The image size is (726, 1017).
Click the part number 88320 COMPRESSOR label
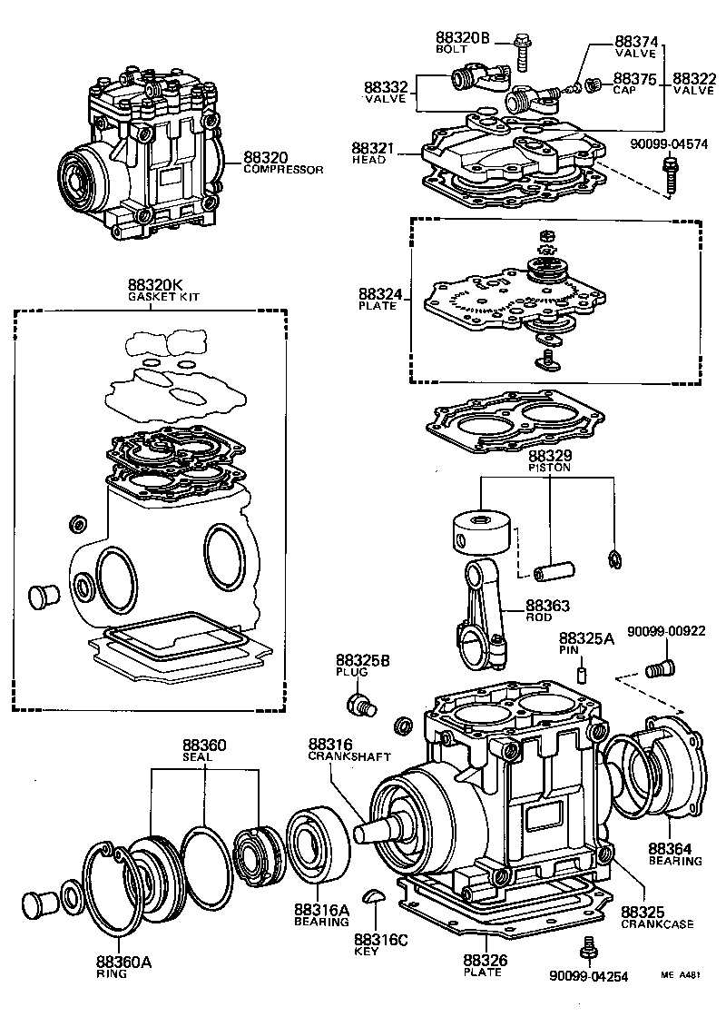click(x=282, y=162)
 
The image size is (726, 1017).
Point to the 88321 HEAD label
click(x=370, y=153)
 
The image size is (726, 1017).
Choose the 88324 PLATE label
click(x=377, y=299)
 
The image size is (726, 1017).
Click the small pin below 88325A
click(x=581, y=675)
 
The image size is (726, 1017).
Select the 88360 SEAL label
click(x=203, y=750)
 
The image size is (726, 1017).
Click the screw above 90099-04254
click(x=589, y=948)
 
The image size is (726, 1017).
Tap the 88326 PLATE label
click(x=482, y=965)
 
